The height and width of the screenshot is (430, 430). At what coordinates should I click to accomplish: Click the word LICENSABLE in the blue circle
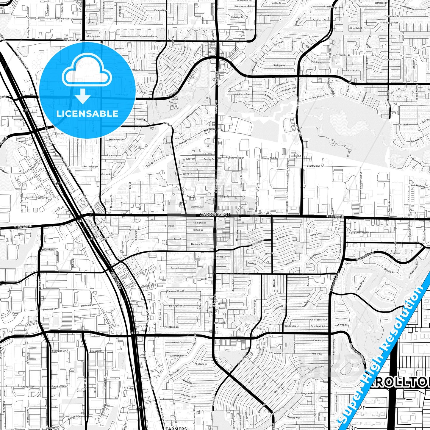click(87, 114)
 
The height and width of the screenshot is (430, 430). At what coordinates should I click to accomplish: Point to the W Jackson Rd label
click(72, 40)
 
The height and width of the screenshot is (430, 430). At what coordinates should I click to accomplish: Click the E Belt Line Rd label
click(335, 217)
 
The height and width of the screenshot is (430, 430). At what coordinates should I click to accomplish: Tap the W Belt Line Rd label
click(23, 226)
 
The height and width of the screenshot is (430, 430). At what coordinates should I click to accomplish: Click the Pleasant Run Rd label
click(176, 291)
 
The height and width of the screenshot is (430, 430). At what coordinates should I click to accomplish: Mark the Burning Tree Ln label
click(177, 306)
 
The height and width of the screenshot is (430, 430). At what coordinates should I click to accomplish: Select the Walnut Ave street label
click(197, 207)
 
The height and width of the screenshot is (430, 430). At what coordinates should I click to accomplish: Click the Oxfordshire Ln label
click(319, 320)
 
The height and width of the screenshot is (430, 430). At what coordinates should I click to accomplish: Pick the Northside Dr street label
click(90, 166)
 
